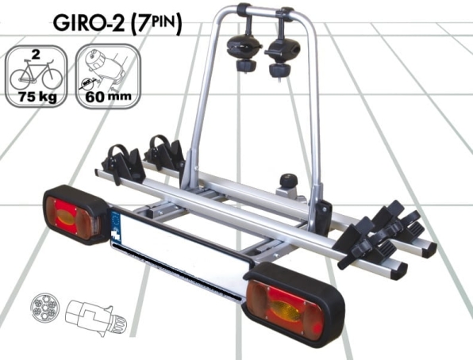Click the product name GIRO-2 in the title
(x=89, y=23)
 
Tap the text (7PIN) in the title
(x=157, y=23)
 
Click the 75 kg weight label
(x=37, y=97)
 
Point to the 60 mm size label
(x=108, y=97)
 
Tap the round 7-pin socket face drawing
(x=45, y=308)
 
